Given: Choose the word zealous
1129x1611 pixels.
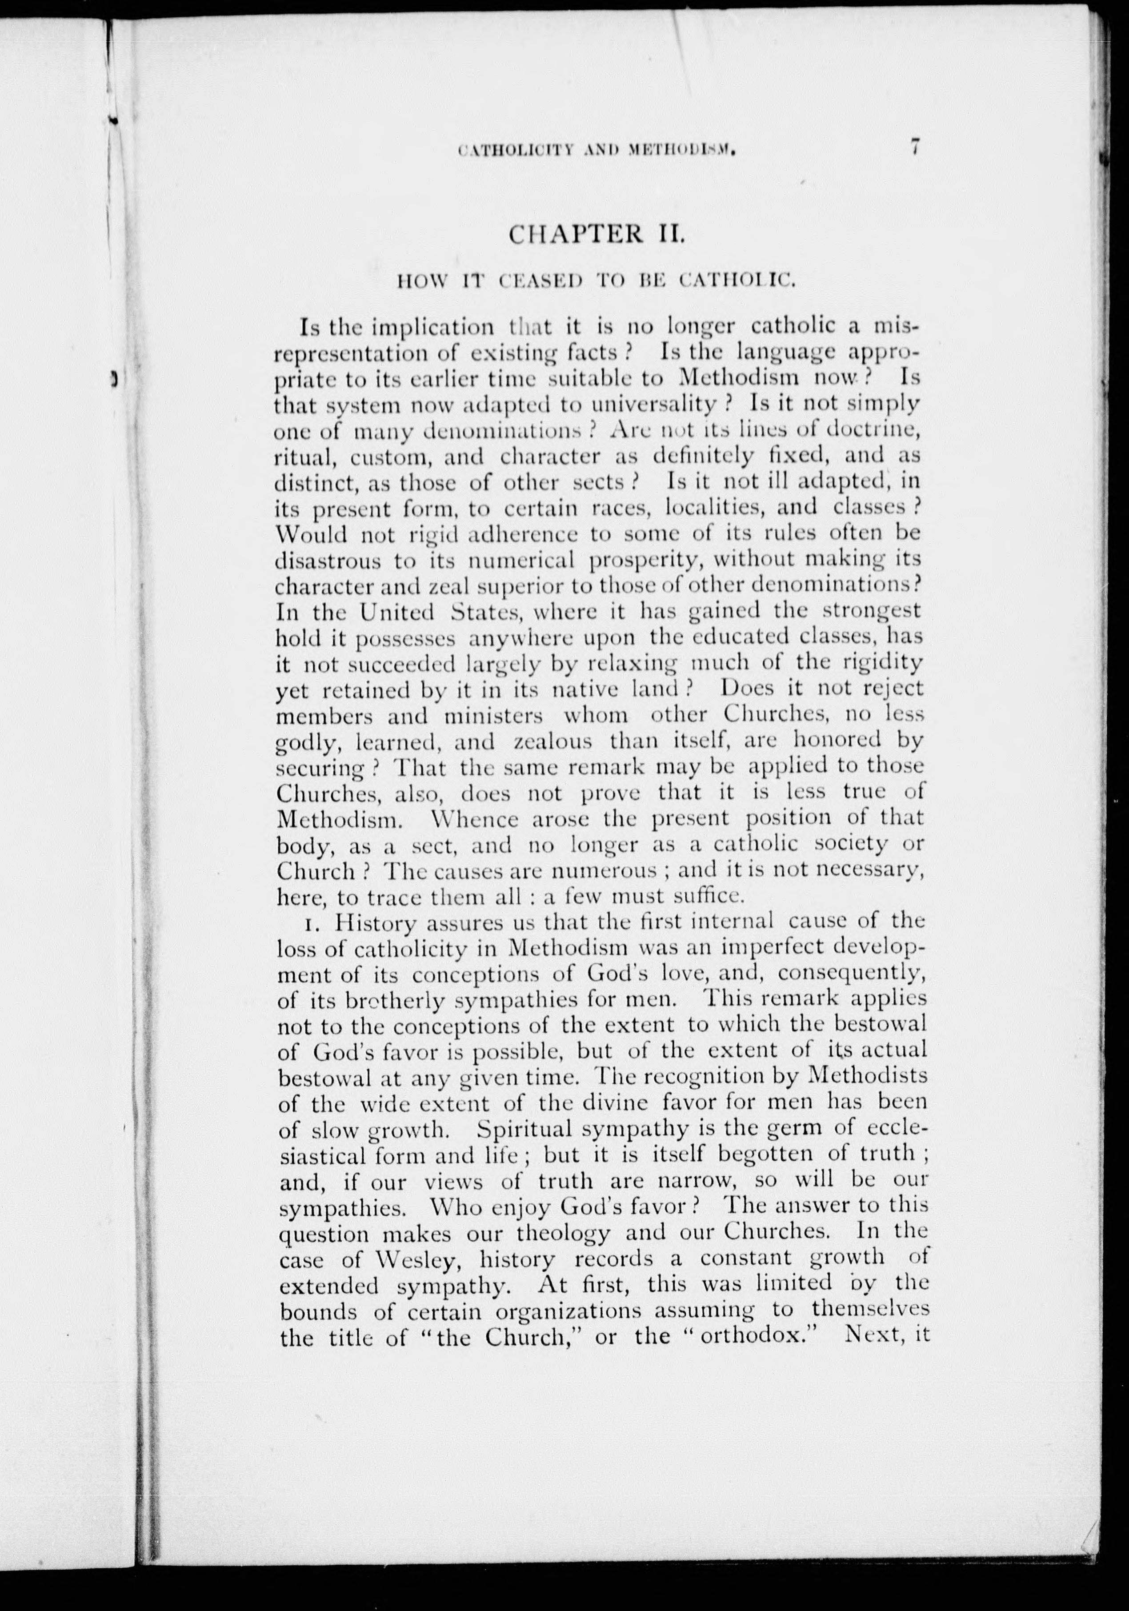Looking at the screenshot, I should pyautogui.click(x=554, y=741).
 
